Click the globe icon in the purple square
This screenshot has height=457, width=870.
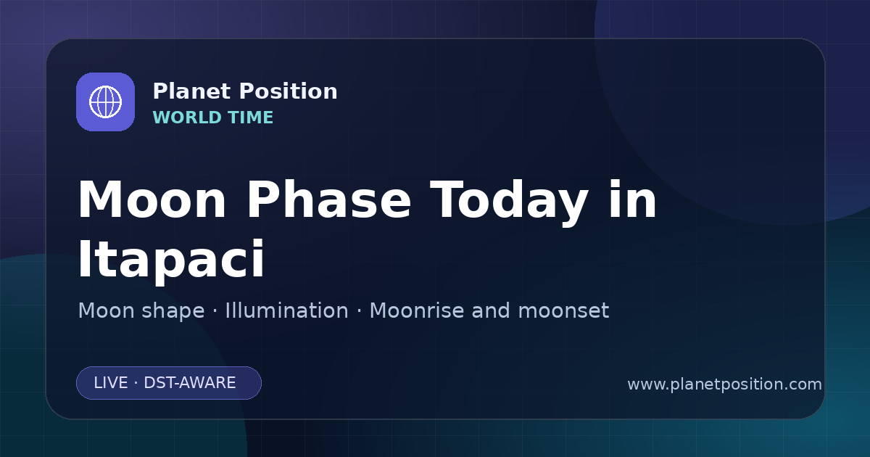(105, 102)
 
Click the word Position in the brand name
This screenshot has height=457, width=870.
(289, 91)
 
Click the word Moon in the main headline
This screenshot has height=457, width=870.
(152, 199)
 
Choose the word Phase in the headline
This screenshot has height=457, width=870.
(328, 199)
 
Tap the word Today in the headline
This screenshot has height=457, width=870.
(509, 202)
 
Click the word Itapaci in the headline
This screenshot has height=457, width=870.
(171, 260)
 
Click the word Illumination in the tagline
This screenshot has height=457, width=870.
(286, 310)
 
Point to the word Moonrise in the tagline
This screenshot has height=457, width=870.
(416, 310)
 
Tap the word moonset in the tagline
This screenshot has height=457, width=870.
(563, 310)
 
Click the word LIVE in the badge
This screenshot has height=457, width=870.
(111, 383)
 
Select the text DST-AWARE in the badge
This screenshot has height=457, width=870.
(189, 383)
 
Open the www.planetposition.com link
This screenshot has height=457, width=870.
(724, 384)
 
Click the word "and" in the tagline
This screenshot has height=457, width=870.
(491, 310)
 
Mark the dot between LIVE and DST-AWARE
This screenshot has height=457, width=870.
(136, 383)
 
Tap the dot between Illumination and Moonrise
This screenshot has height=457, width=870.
(359, 311)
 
